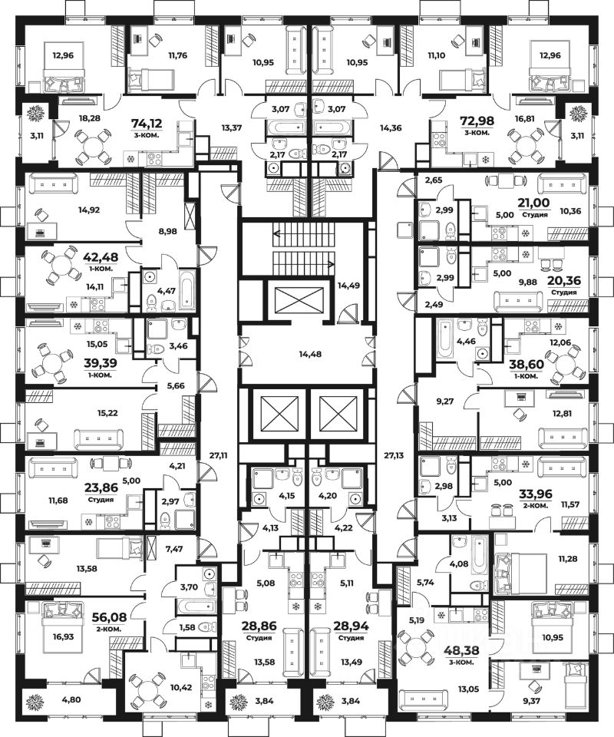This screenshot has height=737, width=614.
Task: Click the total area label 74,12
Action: coord(148,123)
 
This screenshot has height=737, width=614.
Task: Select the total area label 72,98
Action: coord(477,121)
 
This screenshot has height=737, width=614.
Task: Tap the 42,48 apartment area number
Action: coord(101,257)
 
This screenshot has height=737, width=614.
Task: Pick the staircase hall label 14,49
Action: coord(348,286)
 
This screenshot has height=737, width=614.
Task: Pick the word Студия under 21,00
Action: coord(535,215)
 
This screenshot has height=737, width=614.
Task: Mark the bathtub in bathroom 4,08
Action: coord(479,560)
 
